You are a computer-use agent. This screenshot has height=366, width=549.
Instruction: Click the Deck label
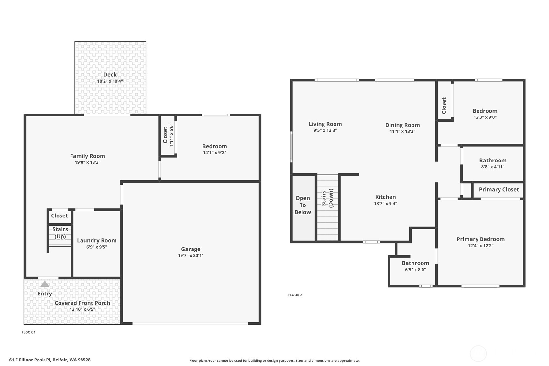tap(110, 75)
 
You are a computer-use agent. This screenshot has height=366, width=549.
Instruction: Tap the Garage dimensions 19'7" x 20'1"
tap(191, 255)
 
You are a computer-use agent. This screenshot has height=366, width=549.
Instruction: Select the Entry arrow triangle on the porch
tap(45, 284)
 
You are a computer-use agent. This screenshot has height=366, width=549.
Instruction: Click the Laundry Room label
tap(96, 240)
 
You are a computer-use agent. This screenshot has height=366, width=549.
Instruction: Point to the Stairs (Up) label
tap(60, 233)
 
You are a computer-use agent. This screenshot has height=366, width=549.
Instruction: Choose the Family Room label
tap(87, 156)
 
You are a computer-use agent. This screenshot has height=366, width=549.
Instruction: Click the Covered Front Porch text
tap(82, 303)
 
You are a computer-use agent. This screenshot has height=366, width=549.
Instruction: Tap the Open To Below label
tap(302, 205)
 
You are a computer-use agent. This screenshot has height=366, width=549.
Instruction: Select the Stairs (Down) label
tap(327, 198)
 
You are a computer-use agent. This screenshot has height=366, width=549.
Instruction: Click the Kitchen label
tap(385, 197)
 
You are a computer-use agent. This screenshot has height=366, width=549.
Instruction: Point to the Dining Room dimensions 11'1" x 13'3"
tap(402, 131)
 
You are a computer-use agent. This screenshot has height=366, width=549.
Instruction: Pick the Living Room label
tap(325, 124)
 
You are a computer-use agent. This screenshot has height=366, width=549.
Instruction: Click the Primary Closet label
tap(499, 190)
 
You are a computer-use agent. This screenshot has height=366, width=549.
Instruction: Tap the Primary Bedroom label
tap(480, 239)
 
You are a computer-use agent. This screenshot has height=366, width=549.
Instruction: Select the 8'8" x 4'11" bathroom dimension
tap(493, 167)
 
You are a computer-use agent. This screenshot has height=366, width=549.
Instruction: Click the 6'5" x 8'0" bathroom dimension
tap(415, 270)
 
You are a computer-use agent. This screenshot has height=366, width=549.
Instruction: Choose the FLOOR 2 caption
tap(295, 295)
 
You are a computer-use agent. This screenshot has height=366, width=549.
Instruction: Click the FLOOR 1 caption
tap(28, 332)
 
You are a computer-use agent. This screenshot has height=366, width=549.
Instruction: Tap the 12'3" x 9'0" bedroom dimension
tap(485, 117)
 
